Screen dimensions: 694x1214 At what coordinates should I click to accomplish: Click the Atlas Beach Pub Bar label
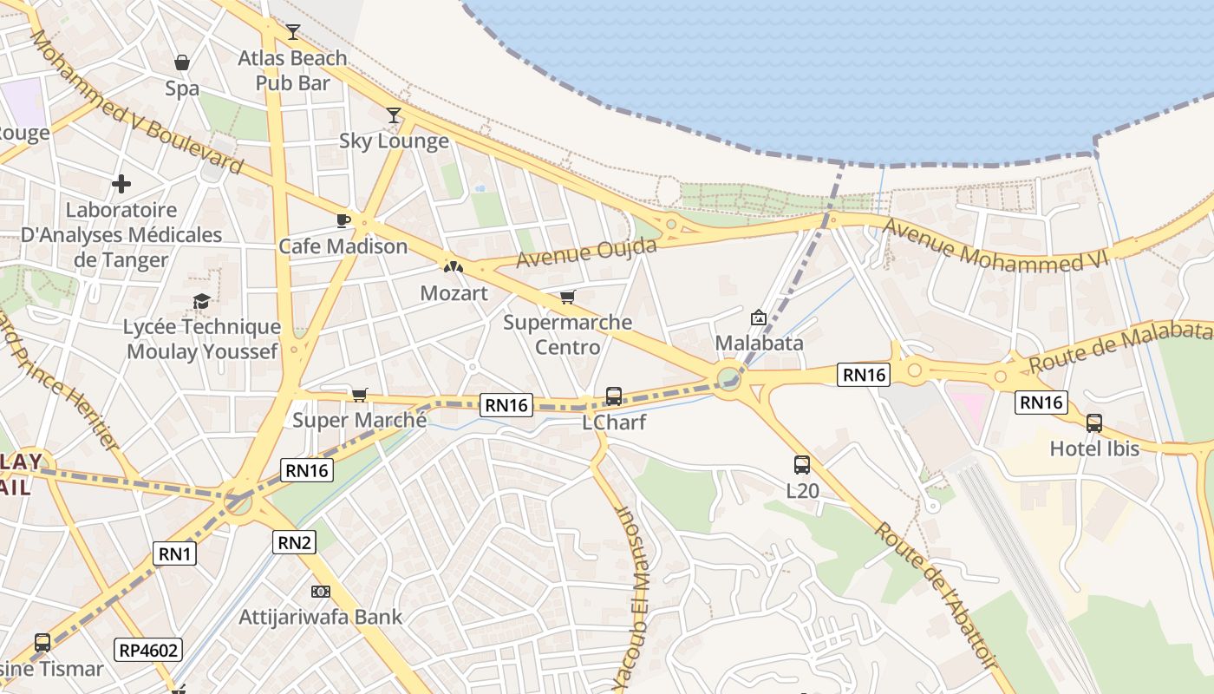tap(292, 70)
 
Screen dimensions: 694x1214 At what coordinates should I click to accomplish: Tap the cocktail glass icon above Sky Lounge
tap(394, 115)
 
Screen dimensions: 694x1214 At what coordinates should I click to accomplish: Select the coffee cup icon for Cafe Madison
tap(343, 220)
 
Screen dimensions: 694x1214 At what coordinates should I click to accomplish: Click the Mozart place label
tap(454, 293)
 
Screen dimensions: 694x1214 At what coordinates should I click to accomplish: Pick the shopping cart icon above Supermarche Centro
tap(568, 298)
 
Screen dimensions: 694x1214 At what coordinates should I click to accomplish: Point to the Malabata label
tap(759, 343)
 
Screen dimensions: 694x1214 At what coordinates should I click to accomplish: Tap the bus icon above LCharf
tap(614, 396)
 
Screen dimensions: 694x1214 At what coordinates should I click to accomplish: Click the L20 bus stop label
tap(802, 490)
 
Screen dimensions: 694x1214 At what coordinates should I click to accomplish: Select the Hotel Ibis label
tap(1094, 448)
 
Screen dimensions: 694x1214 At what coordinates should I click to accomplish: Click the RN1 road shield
tap(175, 553)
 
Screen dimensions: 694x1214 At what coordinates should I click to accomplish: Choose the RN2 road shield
tap(295, 543)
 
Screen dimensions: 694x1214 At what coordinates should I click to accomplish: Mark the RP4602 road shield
tap(148, 650)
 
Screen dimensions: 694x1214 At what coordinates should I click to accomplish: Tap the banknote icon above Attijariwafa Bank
tap(321, 592)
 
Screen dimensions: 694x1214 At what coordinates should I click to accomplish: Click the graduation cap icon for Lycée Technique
tap(202, 301)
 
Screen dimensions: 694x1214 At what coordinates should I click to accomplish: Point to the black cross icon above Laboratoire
tap(121, 183)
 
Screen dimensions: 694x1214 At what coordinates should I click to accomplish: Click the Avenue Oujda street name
tap(586, 252)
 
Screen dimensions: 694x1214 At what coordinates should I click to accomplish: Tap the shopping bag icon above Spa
tap(182, 62)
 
